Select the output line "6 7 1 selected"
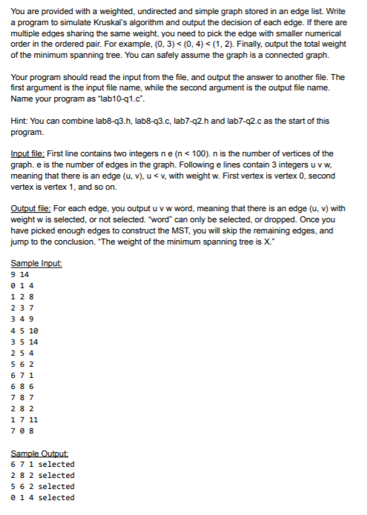click(43, 464)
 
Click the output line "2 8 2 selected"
click(43, 475)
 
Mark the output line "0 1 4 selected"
click(43, 497)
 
